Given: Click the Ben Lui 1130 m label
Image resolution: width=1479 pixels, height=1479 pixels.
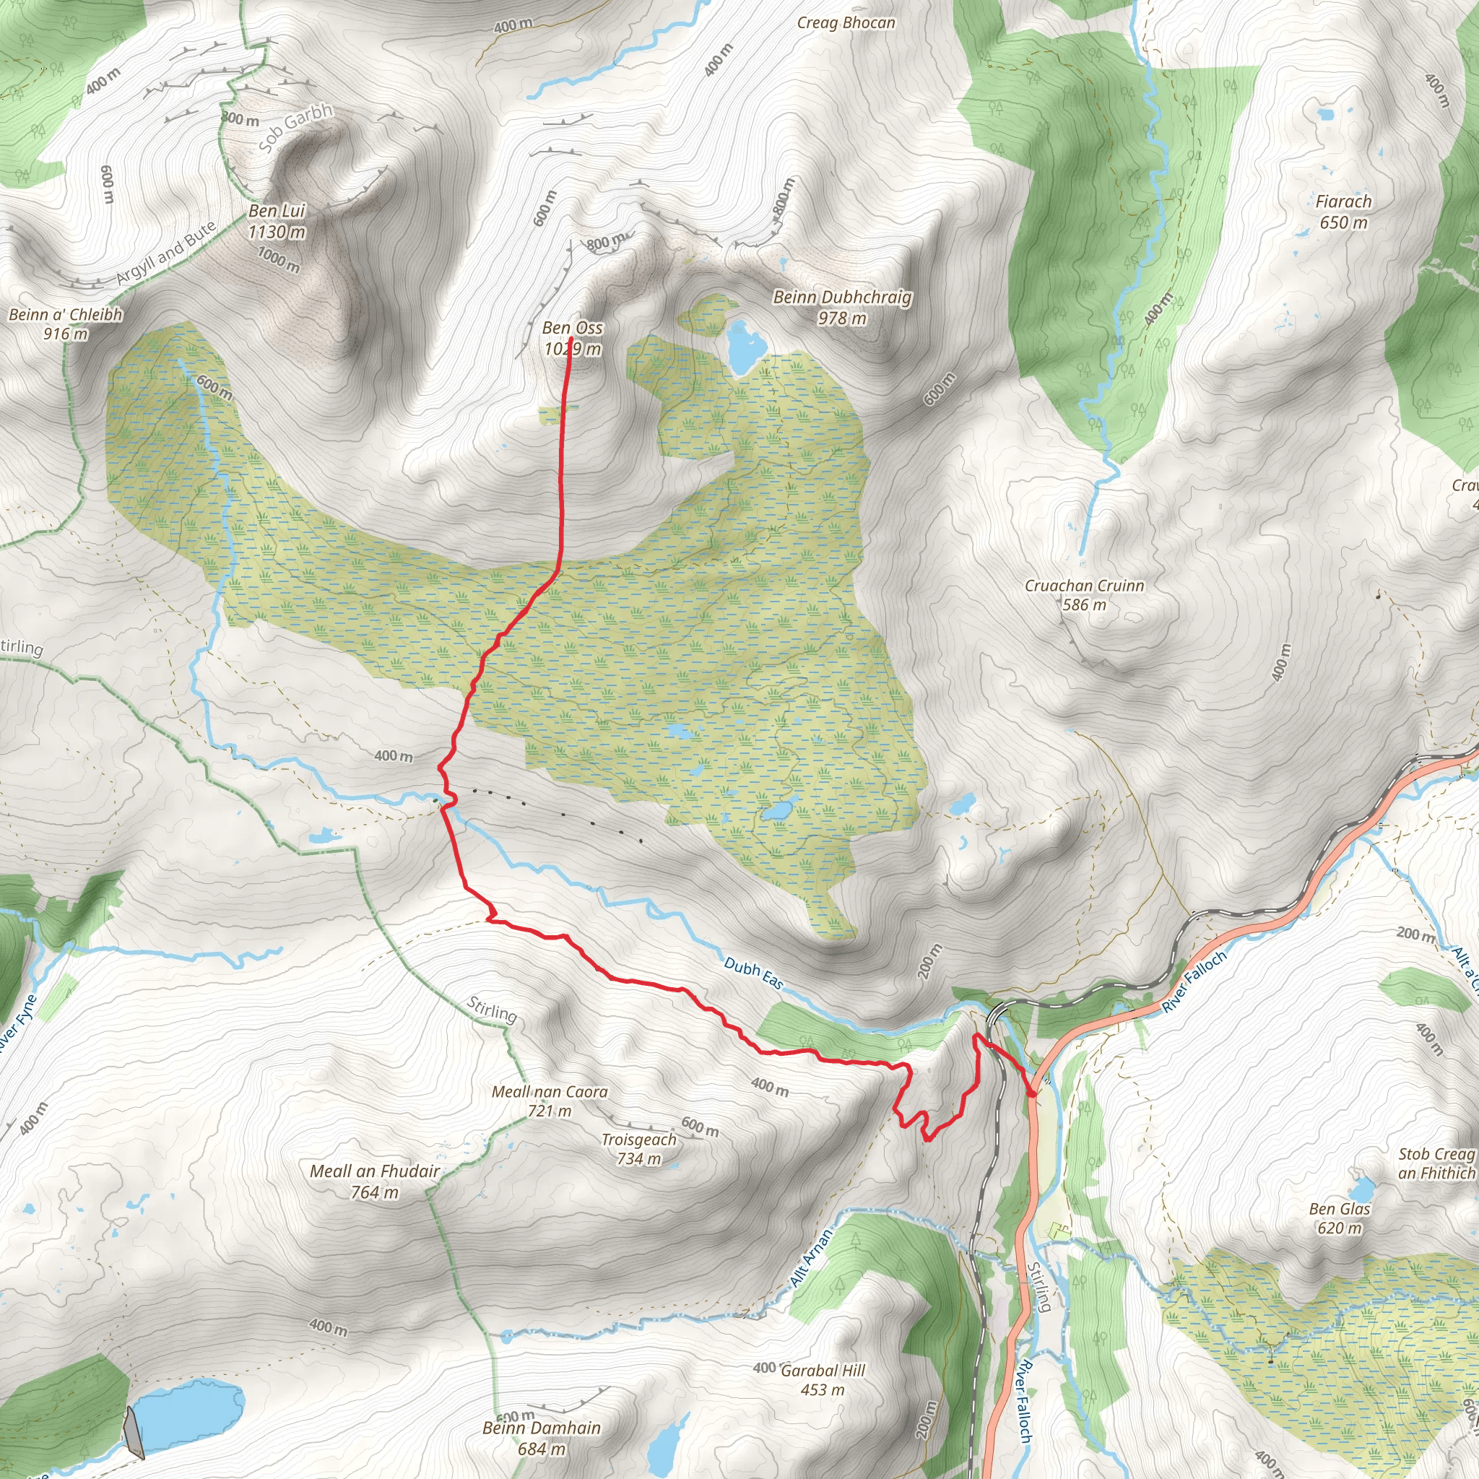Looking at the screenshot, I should click(277, 221).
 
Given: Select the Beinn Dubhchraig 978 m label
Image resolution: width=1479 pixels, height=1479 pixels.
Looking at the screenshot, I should click(842, 307).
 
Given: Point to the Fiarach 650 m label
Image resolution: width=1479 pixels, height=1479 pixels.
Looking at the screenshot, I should click(1343, 212).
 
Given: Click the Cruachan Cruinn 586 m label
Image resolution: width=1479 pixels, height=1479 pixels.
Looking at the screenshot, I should click(1085, 595).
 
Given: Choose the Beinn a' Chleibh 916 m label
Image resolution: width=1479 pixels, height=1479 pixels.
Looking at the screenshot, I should click(66, 324).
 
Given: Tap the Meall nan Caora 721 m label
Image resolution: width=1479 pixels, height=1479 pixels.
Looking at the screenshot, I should click(550, 1101).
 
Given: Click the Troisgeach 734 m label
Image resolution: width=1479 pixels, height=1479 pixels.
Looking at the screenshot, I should click(639, 1149).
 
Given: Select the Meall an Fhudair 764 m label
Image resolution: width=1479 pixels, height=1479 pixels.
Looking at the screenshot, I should click(375, 1181).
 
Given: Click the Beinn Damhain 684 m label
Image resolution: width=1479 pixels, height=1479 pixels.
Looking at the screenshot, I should click(541, 1438).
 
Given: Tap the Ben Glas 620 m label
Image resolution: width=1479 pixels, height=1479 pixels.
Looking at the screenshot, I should click(1340, 1219).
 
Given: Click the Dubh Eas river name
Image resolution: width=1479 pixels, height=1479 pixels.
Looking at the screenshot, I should click(753, 973).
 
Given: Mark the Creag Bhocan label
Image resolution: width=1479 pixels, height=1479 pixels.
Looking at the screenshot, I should click(846, 23).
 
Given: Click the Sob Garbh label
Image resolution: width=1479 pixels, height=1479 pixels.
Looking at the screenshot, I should click(296, 127).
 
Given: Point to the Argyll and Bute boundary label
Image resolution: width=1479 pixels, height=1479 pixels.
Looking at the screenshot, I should click(167, 253).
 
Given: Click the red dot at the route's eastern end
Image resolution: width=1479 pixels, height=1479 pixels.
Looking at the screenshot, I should click(1031, 1094).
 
